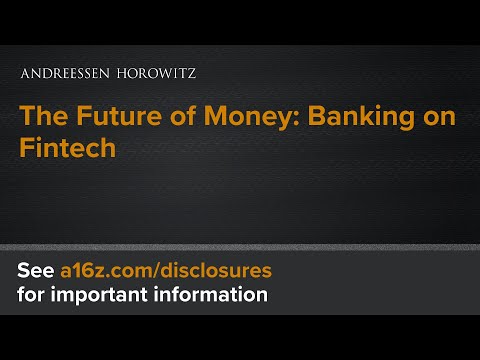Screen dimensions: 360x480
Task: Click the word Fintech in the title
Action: click(65, 147)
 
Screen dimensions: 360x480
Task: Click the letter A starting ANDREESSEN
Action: click(24, 74)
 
